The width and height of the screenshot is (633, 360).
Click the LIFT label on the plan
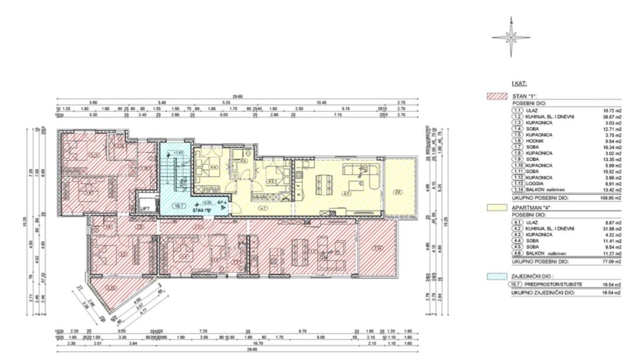click(x=144, y=209)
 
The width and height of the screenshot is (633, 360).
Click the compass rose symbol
click(x=511, y=37)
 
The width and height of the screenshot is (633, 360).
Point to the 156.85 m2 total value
click(x=611, y=197)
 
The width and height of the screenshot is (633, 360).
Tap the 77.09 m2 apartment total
click(x=611, y=261)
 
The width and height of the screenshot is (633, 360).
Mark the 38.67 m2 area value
click(x=612, y=117)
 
